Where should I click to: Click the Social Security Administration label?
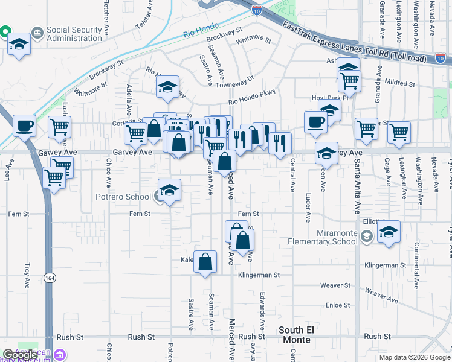(x=66, y=34)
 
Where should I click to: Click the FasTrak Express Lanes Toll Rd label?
(x=350, y=42)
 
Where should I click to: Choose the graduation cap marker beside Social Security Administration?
(x=19, y=45)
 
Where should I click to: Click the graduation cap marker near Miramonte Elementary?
(x=389, y=232)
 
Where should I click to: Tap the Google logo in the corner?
(x=20, y=355)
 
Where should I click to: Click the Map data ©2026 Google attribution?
(x=414, y=357)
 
